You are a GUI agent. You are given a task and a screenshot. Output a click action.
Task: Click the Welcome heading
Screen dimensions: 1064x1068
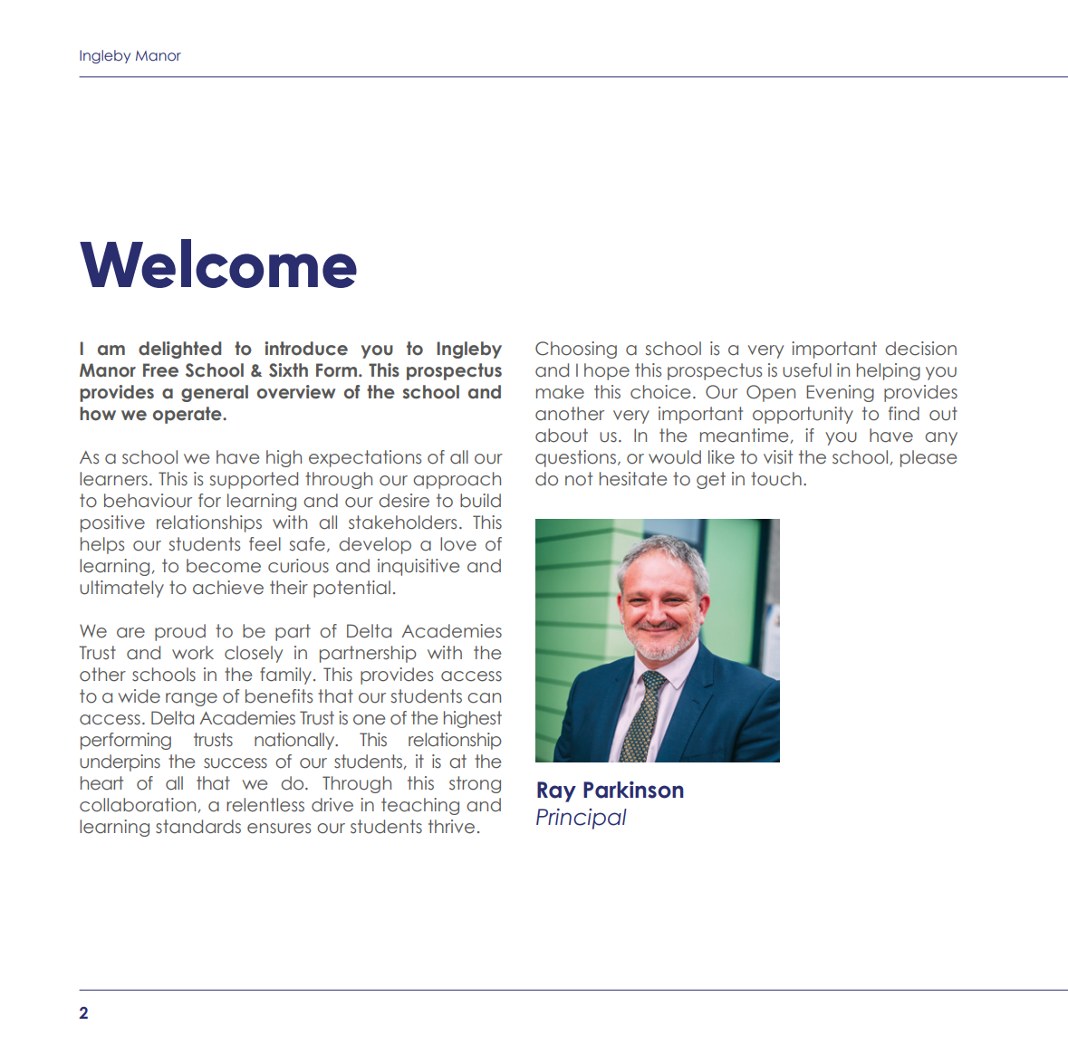coord(218,265)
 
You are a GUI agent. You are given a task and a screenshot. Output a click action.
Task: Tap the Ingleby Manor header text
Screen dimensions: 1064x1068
coord(130,56)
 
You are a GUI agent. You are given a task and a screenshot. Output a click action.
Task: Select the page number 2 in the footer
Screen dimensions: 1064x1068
coord(83,1013)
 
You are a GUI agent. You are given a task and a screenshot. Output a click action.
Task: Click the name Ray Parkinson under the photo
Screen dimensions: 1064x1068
coord(610,791)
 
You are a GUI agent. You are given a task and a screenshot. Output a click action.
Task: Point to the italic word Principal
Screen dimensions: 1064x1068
coord(581,818)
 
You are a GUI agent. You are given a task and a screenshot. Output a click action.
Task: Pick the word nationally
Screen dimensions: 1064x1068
coord(295,741)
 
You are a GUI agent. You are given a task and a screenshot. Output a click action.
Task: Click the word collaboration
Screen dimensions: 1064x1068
coord(139,806)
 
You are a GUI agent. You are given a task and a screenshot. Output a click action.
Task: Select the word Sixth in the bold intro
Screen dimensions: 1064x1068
coord(288,371)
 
